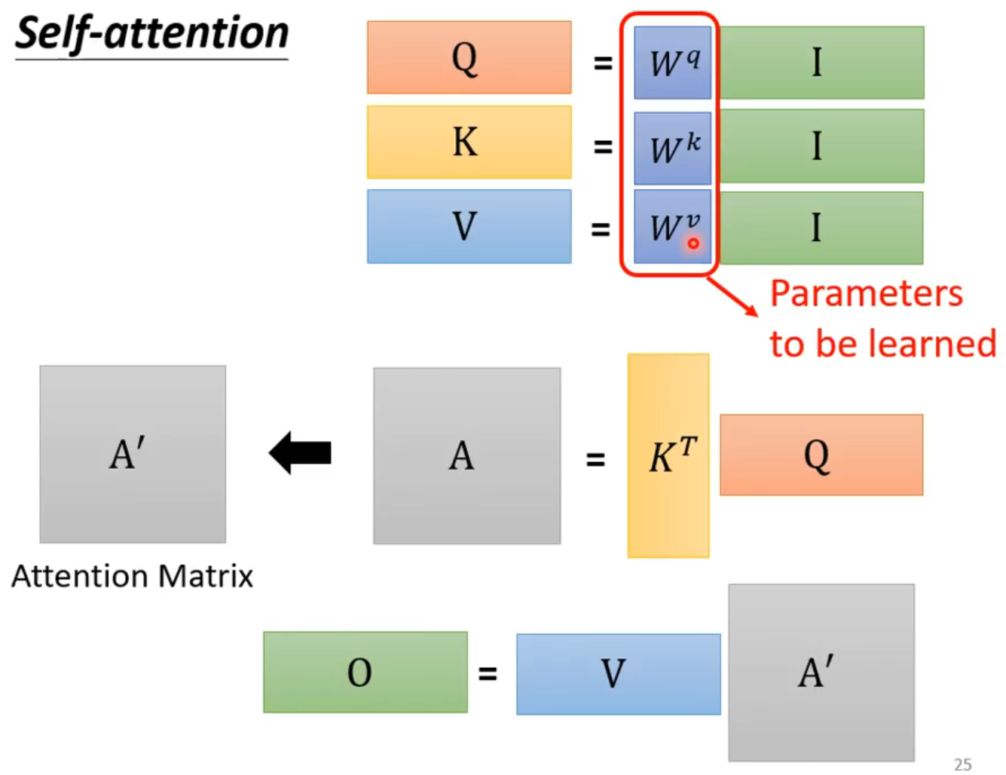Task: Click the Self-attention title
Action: coord(151,34)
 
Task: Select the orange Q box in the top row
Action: coord(469,57)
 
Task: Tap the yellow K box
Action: coord(469,142)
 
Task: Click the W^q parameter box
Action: coord(672,63)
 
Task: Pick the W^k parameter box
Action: coord(672,148)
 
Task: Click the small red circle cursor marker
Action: coord(693,244)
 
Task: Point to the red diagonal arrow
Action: coord(733,297)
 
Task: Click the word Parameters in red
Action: coord(866,293)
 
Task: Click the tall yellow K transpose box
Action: coord(668,455)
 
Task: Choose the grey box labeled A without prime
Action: coord(466,455)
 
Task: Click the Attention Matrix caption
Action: coord(133,577)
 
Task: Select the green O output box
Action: coord(365,672)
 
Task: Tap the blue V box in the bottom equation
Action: coord(618,674)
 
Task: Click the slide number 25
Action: coord(962,764)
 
